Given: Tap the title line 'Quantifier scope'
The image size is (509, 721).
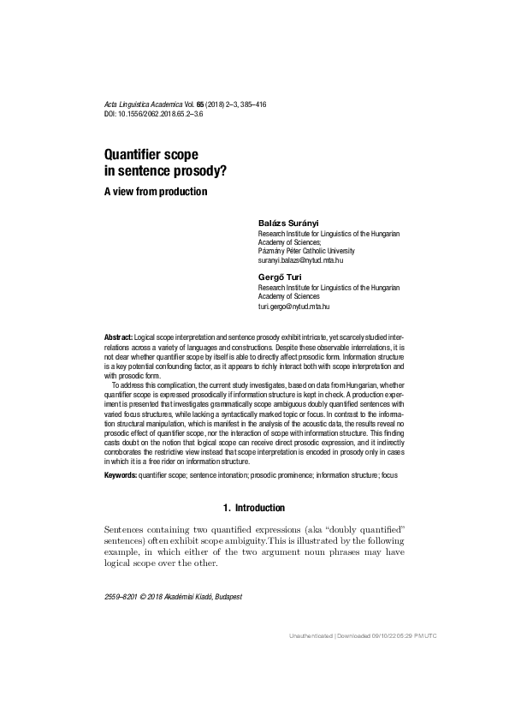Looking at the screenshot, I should [x=151, y=155].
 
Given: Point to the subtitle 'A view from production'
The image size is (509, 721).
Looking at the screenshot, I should [x=155, y=191].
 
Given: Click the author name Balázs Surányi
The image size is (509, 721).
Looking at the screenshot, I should [x=289, y=223].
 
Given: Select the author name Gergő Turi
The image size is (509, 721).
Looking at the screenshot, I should [x=279, y=277].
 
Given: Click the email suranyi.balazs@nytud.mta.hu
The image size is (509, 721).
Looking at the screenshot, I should [x=306, y=259].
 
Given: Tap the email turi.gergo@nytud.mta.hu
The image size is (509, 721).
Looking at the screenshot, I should [x=293, y=306].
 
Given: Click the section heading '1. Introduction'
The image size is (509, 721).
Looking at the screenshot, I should [x=253, y=509].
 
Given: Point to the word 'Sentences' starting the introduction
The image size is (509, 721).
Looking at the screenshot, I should [x=125, y=531].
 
